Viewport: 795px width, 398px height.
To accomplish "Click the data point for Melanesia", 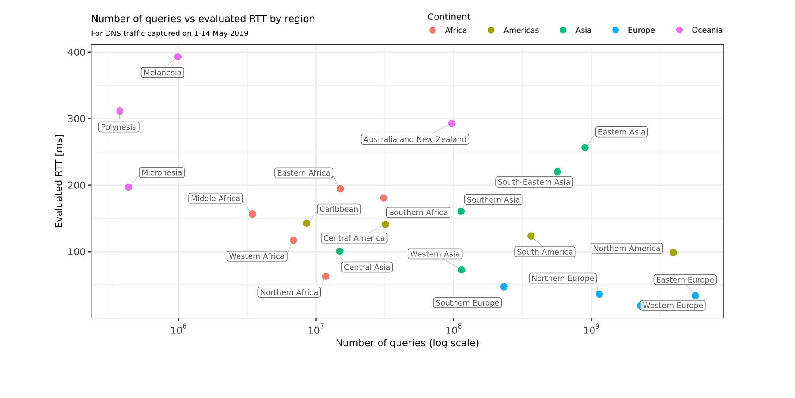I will [x=178, y=57].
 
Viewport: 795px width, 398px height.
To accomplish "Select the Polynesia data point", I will [x=120, y=111].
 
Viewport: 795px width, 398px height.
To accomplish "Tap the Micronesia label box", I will [x=162, y=172].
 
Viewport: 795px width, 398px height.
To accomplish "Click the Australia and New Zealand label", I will [x=415, y=139].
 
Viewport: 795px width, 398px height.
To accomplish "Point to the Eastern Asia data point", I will [x=585, y=148].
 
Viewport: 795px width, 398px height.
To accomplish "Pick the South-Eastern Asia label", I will [x=534, y=182].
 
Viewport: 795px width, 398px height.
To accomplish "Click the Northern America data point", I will [x=673, y=253].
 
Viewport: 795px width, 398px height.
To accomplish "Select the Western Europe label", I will [x=673, y=306].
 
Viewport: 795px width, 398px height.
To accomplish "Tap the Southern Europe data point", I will [x=504, y=287].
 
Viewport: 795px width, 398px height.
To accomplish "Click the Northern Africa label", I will [x=289, y=292].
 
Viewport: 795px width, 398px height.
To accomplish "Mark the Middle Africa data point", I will [x=252, y=214].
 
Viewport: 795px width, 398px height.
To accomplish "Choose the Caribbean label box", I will [x=339, y=209].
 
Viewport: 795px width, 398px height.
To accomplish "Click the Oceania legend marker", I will [x=679, y=30].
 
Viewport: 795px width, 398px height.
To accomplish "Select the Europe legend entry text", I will [x=641, y=30].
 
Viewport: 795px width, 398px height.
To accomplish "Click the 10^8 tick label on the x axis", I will [x=453, y=330].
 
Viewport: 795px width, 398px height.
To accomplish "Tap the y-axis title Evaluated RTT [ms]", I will [x=59, y=181].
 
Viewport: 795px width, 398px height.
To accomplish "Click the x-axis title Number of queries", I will [x=407, y=343].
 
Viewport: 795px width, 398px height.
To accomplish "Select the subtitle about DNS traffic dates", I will [x=170, y=34].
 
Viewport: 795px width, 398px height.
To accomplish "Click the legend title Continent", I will [x=449, y=17].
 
